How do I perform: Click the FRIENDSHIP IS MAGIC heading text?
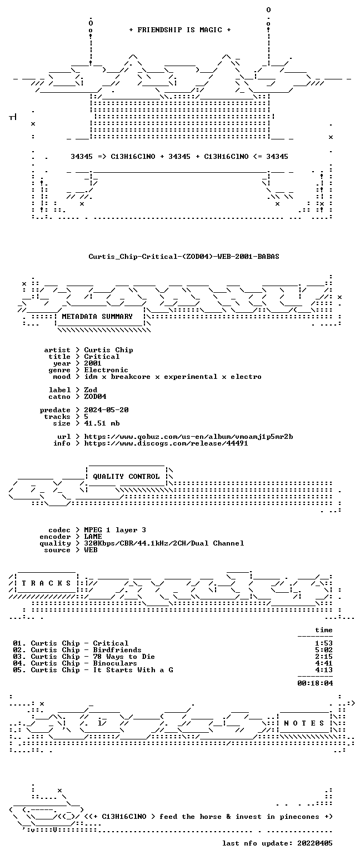[x=179, y=30]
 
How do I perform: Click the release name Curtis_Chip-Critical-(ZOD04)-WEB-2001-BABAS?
[x=184, y=257]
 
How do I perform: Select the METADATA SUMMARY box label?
[x=97, y=316]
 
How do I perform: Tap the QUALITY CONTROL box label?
[x=126, y=477]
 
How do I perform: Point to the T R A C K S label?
[x=47, y=583]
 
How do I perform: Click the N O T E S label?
[x=304, y=723]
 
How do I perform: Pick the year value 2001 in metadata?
[x=93, y=363]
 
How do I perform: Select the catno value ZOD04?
[x=95, y=397]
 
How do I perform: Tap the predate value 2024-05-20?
[x=106, y=409]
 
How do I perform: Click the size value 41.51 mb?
[x=102, y=423]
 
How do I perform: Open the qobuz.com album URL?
[x=188, y=437]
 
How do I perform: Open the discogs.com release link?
[x=166, y=443]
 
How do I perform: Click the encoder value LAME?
[x=93, y=536]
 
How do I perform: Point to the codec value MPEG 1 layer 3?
[x=115, y=530]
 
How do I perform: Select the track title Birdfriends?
[x=117, y=649]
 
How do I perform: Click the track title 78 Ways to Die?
[x=124, y=657]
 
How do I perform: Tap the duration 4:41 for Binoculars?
[x=324, y=663]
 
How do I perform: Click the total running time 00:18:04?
[x=315, y=683]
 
